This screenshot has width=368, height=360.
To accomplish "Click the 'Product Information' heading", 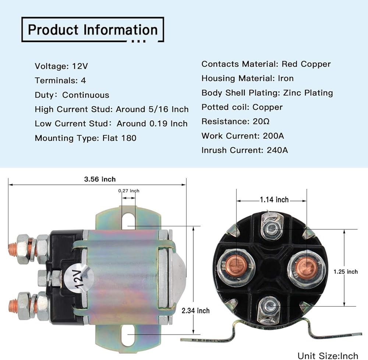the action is point(92,29).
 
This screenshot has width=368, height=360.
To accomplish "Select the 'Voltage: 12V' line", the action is point(61,66).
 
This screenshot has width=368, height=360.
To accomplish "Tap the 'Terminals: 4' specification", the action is point(60,80).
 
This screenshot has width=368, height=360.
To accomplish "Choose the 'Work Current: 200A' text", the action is point(243,136).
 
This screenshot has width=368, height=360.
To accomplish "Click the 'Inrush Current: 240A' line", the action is point(245,150).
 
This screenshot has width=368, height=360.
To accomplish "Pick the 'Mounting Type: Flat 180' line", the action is point(85,138).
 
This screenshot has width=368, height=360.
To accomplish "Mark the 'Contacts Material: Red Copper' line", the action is point(266,64).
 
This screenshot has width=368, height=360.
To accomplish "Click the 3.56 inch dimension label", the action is point(100,179).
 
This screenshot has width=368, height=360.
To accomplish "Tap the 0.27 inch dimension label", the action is point(129,191).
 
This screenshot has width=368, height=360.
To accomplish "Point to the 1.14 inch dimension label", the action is point(274,200).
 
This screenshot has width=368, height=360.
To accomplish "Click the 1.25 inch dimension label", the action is point(345,272).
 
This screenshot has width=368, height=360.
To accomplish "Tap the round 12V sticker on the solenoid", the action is point(78,278).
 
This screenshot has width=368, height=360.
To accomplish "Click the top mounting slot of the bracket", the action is point(128,220).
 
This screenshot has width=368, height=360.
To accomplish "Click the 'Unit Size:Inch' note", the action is point(328,355).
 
